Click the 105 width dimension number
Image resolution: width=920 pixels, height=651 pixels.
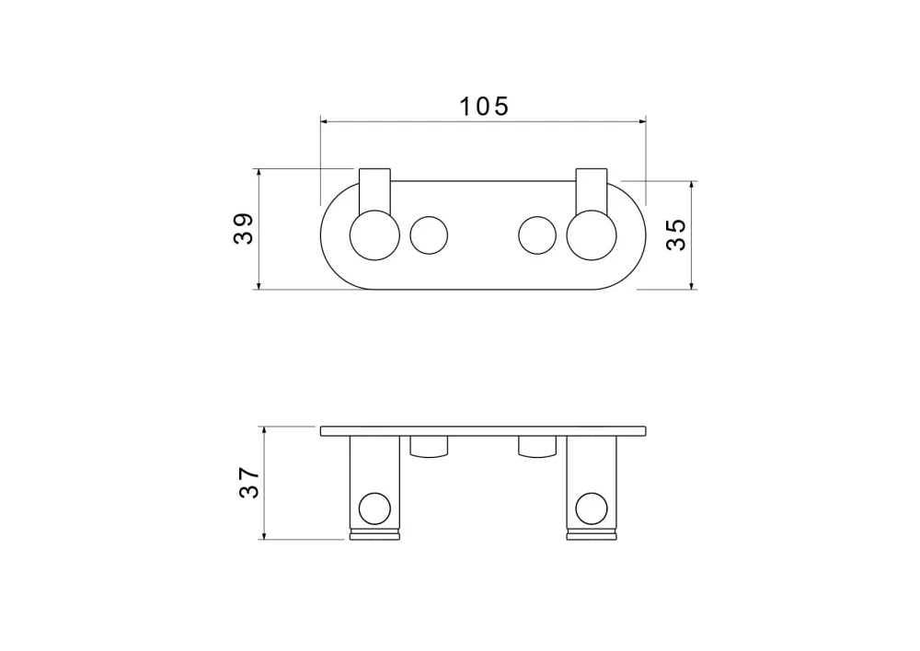(x=484, y=107)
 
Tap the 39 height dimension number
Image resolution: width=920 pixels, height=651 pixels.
(x=244, y=228)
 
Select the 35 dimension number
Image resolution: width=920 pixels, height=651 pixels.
(x=676, y=234)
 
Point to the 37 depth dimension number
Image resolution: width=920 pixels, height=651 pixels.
(x=248, y=482)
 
